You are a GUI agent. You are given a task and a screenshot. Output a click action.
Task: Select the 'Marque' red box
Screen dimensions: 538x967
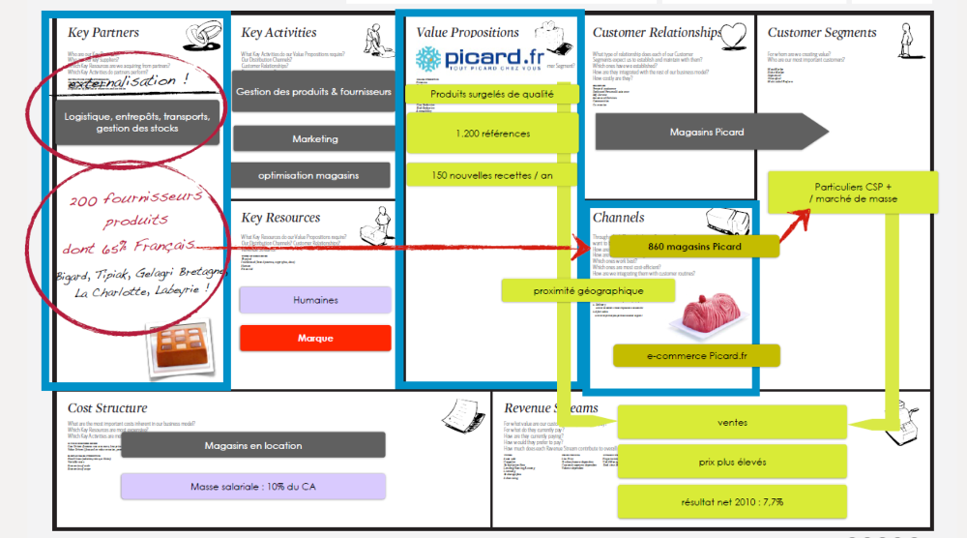(315, 338)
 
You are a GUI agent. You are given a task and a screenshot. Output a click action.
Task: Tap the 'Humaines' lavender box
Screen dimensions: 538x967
(315, 300)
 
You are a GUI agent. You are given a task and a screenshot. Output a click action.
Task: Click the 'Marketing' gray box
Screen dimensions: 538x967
(315, 138)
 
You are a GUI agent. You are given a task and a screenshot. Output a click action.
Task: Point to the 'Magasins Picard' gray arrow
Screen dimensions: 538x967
(709, 132)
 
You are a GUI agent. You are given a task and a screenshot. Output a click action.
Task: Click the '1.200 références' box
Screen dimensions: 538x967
(492, 134)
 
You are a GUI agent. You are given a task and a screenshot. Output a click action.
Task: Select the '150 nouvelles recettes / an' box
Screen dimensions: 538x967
(492, 174)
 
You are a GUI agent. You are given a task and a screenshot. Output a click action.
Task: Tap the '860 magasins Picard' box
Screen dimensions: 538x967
(694, 247)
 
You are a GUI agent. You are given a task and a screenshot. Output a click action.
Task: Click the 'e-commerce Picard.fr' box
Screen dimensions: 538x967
(694, 356)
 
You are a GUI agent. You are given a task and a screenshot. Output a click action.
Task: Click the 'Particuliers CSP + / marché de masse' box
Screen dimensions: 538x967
(853, 193)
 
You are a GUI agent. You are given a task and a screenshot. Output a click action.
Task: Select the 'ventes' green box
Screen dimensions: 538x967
(732, 422)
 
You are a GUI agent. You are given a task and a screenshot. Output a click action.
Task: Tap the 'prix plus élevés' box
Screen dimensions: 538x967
(732, 462)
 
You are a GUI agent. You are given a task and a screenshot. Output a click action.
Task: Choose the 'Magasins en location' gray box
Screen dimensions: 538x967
(252, 445)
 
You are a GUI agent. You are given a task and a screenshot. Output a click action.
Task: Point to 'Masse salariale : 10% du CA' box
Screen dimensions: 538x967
(252, 486)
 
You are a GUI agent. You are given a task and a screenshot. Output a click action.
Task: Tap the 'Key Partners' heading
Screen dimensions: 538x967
(103, 33)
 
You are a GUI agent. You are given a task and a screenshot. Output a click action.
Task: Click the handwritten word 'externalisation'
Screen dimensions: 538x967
(127, 82)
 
